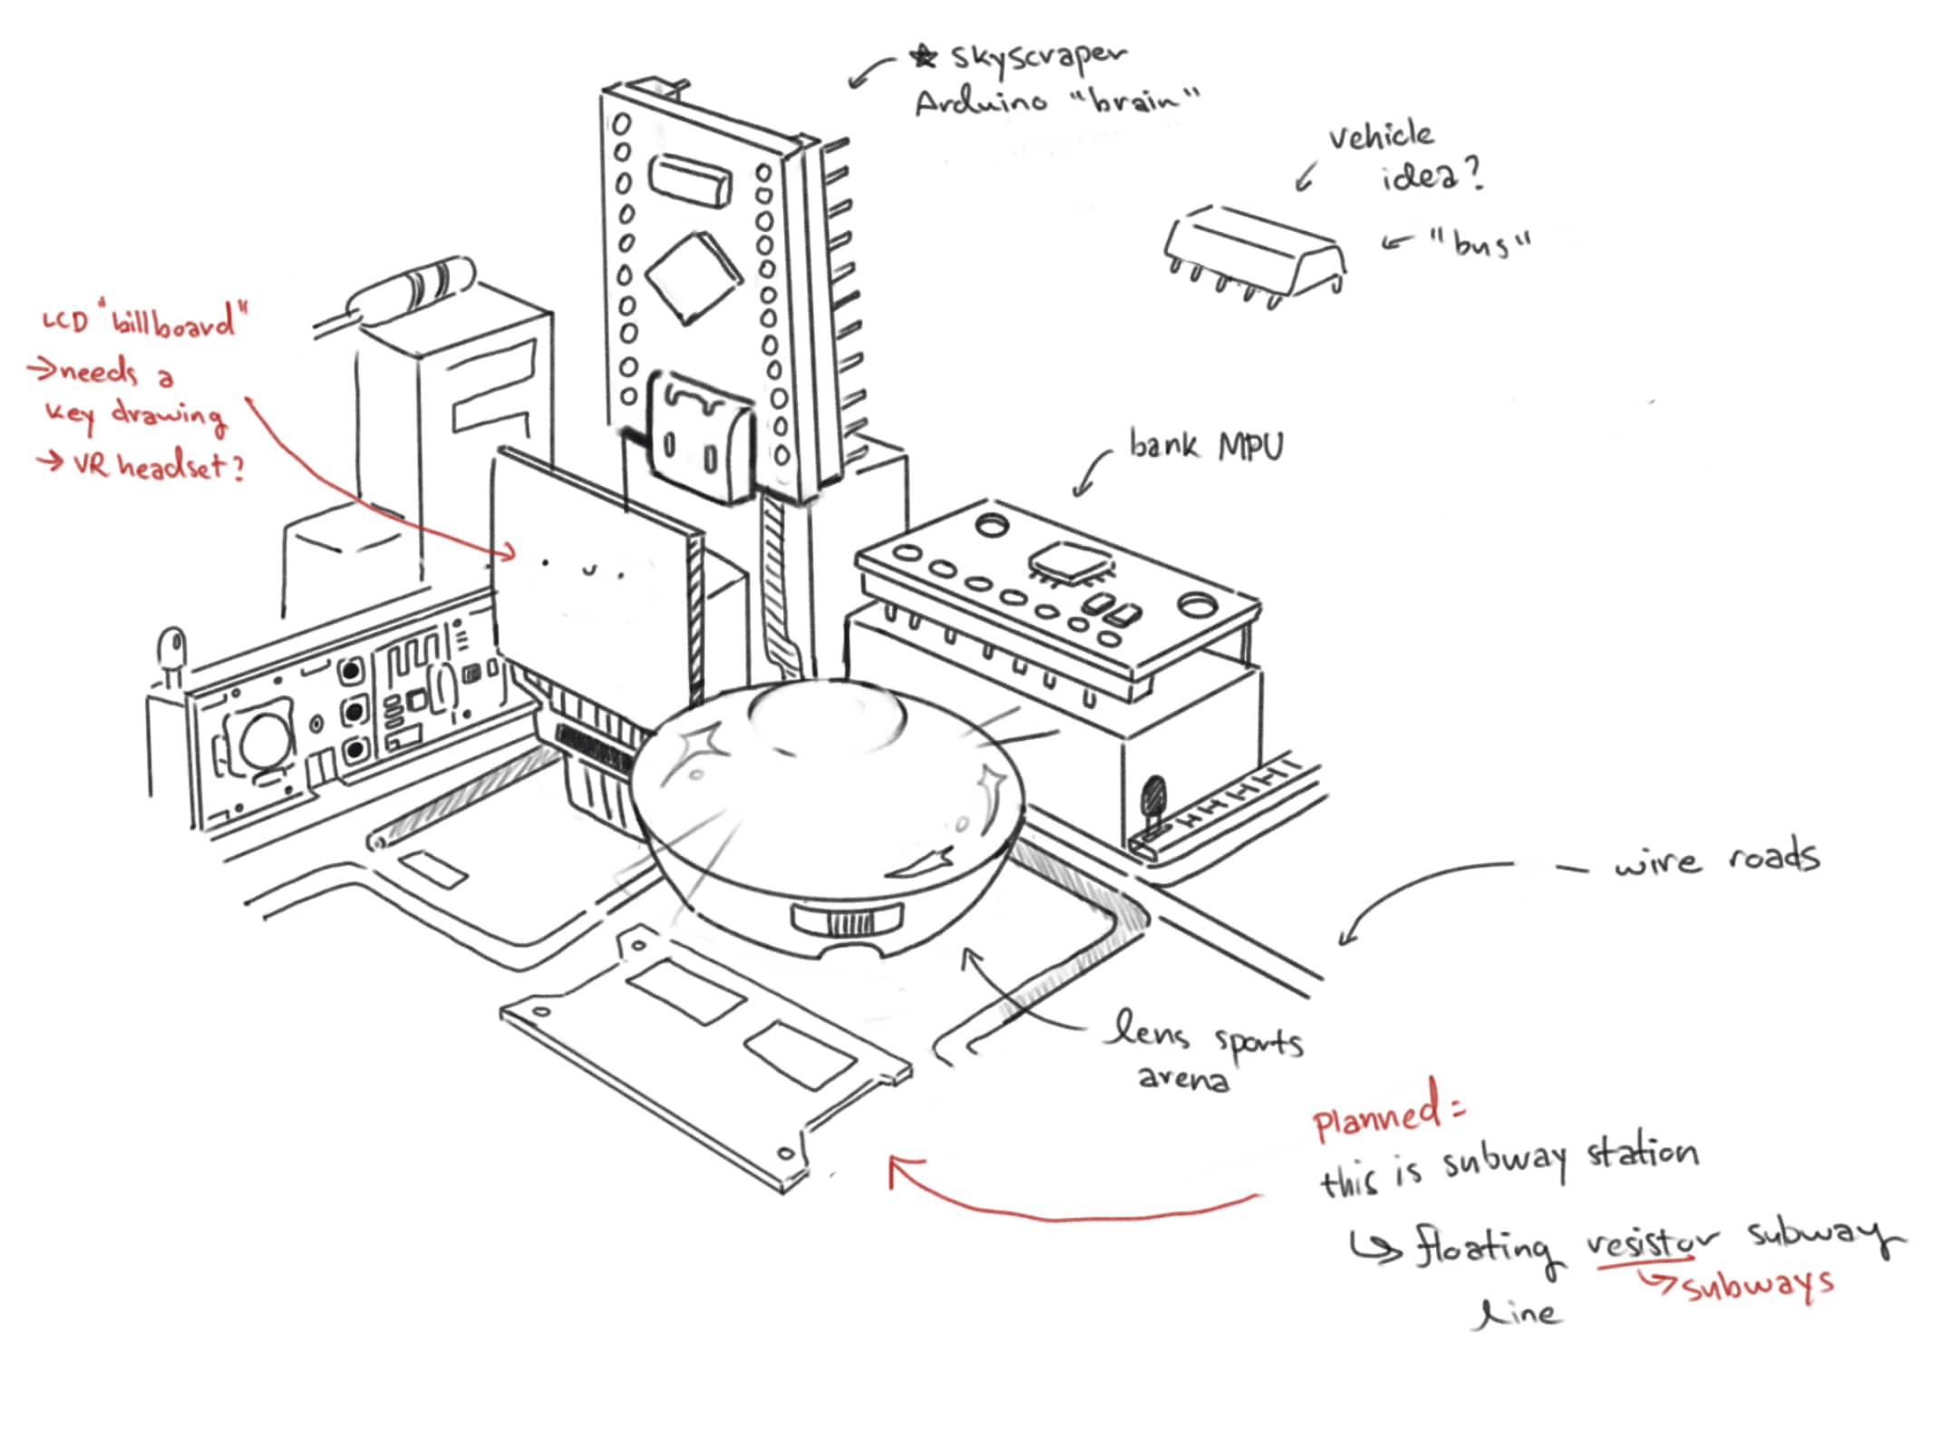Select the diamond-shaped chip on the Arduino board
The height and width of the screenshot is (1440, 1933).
coord(694,277)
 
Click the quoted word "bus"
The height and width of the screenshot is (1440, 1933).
coord(1480,243)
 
